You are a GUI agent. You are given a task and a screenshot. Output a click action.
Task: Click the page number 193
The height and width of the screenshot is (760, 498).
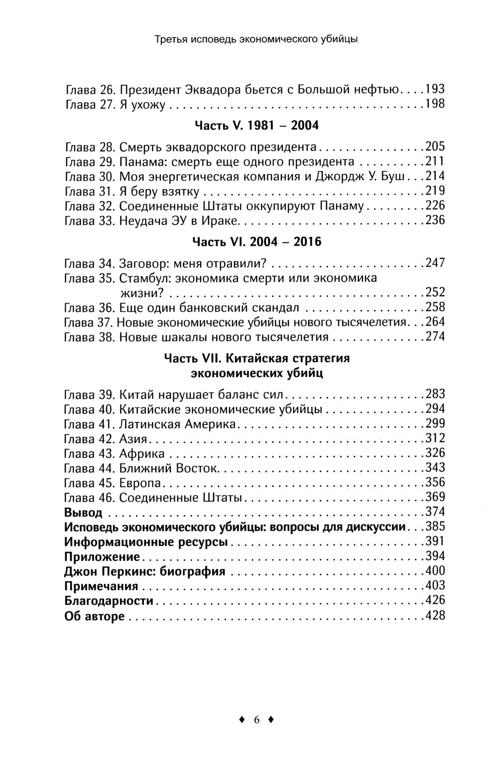[435, 90]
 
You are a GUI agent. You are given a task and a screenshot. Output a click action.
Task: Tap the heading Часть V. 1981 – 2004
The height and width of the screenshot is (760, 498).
[256, 125]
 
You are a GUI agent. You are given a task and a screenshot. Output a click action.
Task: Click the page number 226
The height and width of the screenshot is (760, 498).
[435, 206]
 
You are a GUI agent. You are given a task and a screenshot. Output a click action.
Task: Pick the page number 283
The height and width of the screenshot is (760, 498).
[435, 395]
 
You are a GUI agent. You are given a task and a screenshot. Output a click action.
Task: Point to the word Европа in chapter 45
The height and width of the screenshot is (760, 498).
[140, 483]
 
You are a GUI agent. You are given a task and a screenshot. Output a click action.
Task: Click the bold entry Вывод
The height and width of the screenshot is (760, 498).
[84, 512]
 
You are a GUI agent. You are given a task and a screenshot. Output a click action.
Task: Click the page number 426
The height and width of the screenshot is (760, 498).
[435, 600]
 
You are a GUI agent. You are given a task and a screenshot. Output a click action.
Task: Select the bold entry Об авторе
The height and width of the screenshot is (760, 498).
[95, 616]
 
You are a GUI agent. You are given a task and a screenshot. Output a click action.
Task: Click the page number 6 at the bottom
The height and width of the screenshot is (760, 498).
[257, 719]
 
